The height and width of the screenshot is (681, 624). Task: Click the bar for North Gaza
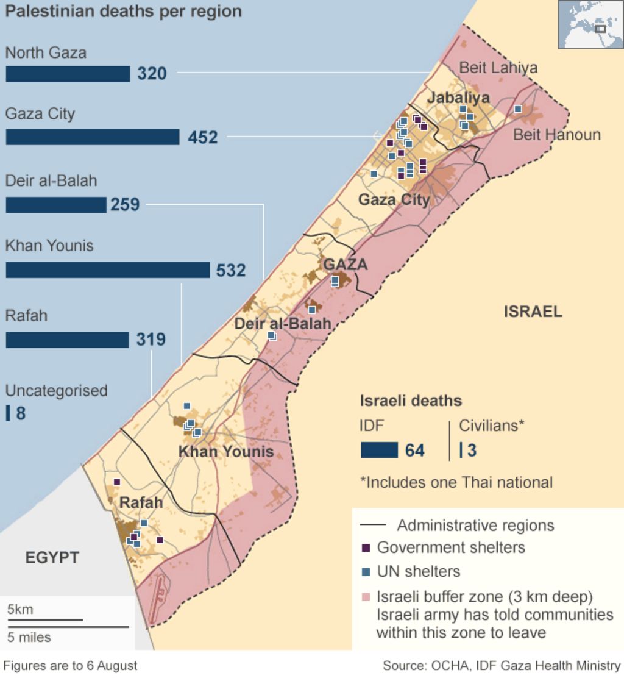[68, 74]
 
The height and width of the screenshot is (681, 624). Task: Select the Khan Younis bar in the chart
[108, 270]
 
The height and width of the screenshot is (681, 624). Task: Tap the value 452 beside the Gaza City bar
[202, 137]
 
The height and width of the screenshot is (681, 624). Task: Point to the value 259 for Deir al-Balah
[125, 204]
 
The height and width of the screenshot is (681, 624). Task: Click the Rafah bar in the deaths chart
[67, 340]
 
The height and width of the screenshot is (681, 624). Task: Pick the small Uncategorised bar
[7, 413]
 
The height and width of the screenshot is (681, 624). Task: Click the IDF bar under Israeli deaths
[379, 450]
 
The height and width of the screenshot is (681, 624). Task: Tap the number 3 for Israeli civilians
[472, 451]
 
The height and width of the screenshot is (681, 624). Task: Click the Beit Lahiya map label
[498, 68]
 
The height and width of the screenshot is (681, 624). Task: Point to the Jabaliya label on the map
[458, 98]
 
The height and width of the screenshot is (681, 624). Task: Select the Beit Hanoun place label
[556, 134]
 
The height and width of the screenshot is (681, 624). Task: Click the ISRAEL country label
[533, 312]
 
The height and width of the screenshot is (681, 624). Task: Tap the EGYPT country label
[52, 557]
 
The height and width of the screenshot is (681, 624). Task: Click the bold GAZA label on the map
[346, 265]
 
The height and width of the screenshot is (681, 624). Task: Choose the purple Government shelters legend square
[366, 547]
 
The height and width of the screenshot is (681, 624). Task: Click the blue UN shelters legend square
[366, 572]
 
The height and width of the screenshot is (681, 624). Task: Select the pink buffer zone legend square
[366, 596]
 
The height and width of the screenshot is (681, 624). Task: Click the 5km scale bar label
[21, 609]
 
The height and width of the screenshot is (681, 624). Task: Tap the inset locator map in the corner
[590, 24]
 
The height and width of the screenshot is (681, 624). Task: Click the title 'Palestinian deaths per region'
[123, 11]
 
